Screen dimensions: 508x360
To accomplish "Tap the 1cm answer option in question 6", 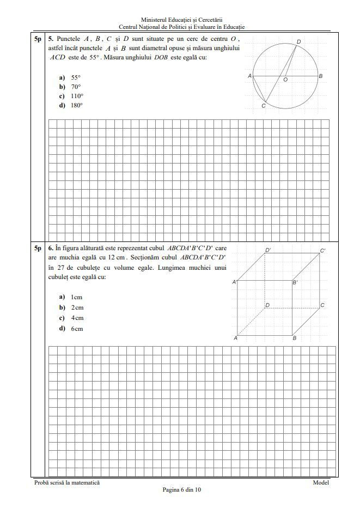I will pos(76,297).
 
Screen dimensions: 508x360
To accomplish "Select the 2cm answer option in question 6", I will pos(76,307).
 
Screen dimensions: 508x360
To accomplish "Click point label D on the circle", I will pos(298,41).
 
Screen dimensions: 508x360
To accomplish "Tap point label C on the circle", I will pos(263,106).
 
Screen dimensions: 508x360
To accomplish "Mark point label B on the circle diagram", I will pos(321,76).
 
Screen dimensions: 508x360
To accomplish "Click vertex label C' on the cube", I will pos(323,251).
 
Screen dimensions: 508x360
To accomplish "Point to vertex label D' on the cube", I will pos(268,250).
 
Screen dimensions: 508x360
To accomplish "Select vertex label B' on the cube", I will pos(295,282).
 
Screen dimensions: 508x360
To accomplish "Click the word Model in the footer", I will pos(321,482).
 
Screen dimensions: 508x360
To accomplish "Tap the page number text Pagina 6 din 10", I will pos(182,489).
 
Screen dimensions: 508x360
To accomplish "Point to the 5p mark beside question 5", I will pos(37,39).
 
